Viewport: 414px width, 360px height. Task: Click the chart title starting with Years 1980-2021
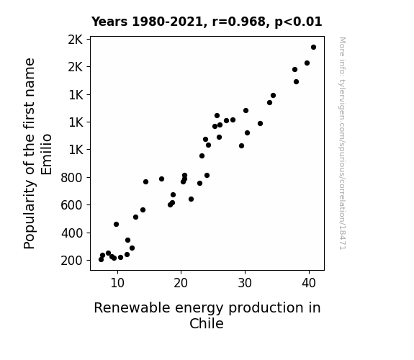[207, 22]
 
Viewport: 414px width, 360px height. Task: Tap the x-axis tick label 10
[117, 283]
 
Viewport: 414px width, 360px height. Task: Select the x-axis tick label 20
[181, 283]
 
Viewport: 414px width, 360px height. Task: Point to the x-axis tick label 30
[245, 283]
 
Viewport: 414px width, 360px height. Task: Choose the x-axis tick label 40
[309, 283]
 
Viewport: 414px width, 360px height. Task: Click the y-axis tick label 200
[71, 261]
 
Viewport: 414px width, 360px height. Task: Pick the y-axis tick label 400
[71, 233]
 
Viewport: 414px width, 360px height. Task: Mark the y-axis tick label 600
[71, 205]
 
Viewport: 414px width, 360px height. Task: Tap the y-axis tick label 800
[71, 178]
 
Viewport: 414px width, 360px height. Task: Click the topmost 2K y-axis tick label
[76, 40]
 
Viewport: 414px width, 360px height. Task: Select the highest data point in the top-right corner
[313, 48]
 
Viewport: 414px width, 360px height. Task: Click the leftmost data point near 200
[101, 260]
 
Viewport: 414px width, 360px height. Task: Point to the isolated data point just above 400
[116, 224]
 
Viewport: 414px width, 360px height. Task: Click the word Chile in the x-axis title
[207, 323]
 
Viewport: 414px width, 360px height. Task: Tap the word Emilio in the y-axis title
[47, 155]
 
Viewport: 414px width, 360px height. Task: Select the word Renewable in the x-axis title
[132, 308]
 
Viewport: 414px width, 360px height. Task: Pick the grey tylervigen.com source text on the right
[342, 143]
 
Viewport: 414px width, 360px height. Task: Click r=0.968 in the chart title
[239, 22]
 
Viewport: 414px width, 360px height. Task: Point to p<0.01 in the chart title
[298, 22]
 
